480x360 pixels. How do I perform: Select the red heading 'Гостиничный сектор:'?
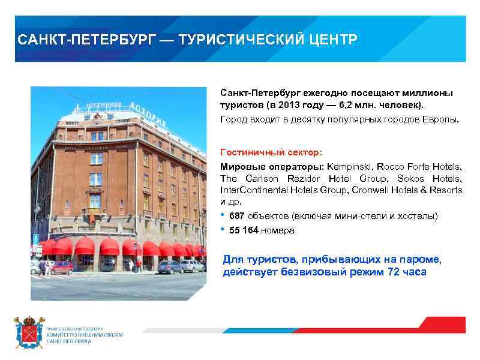click(271, 152)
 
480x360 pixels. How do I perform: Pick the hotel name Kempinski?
click(349, 166)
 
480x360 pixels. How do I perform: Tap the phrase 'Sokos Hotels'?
click(436, 178)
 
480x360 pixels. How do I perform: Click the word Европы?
click(441, 119)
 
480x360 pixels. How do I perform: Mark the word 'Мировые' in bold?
click(238, 166)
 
